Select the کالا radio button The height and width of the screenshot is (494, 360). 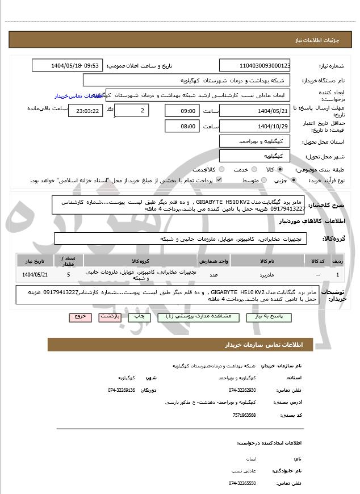[278, 169]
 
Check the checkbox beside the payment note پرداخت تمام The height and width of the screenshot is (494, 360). [219, 180]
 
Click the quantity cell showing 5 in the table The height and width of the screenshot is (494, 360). [69, 274]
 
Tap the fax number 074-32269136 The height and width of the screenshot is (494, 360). [122, 390]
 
